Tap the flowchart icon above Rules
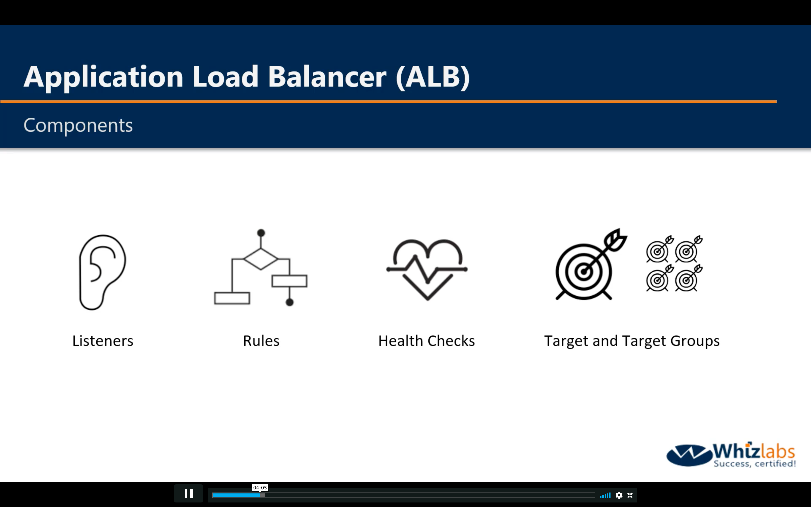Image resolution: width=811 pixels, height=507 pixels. (x=261, y=268)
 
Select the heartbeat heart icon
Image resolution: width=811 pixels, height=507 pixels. (x=427, y=270)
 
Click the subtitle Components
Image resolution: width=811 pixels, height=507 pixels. (x=78, y=125)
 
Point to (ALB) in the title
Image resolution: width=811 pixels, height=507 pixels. (x=433, y=77)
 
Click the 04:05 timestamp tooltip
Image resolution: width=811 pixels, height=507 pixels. (x=260, y=488)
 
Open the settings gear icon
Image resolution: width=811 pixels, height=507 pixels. (x=619, y=495)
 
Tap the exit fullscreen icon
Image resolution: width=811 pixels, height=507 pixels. (x=630, y=495)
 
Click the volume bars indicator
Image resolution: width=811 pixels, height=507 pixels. (x=605, y=495)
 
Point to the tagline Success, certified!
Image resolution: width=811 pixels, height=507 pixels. (x=755, y=464)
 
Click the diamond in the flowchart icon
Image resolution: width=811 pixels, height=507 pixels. (x=261, y=259)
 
